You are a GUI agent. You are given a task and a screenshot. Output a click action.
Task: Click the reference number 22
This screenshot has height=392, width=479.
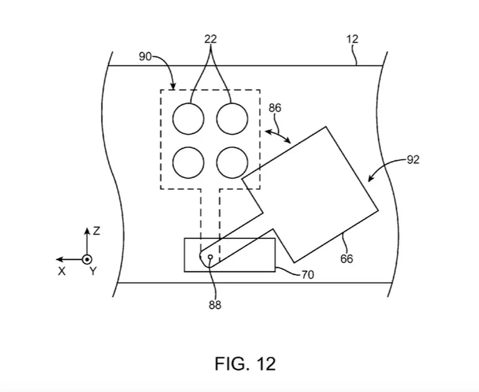coord(210,39)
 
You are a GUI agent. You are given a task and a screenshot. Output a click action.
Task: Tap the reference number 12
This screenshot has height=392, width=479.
coord(352,39)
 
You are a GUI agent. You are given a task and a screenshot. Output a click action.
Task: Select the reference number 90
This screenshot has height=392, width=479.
coord(145,56)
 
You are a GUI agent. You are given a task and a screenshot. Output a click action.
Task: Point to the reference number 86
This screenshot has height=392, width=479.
coord(275,108)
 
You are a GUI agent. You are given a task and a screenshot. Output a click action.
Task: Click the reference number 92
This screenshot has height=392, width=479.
coord(413,160)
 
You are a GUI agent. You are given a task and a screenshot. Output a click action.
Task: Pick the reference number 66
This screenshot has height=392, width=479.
coord(346,259)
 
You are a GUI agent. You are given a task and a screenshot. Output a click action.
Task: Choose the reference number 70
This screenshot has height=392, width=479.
coord(308,275)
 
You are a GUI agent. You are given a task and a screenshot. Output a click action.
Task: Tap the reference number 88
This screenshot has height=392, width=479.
coord(215,305)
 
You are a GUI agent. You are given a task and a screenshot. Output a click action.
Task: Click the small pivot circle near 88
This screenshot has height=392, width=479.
coord(210,257)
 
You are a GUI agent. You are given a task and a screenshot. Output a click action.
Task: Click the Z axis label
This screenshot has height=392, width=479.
coord(97,231)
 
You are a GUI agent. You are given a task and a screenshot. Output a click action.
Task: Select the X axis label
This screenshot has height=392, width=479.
coord(61,271)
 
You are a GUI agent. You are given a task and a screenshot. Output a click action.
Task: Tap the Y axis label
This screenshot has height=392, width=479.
coord(93,271)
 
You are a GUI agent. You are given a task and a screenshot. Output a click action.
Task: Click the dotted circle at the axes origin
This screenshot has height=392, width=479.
coord(87,259)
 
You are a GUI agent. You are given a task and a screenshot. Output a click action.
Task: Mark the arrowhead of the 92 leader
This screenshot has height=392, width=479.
coord(370,179)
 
